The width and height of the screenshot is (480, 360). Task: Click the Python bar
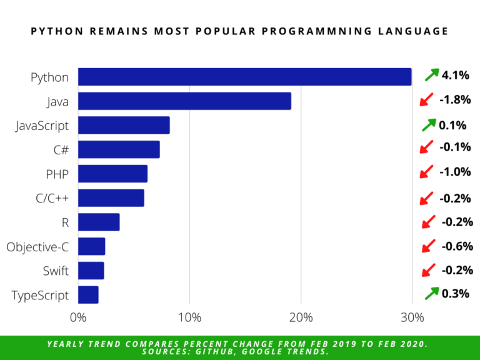coord(244,77)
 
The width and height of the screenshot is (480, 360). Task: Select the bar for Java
coord(184,101)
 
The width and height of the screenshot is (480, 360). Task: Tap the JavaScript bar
coord(124,125)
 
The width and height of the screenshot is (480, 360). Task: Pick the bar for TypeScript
coord(88,294)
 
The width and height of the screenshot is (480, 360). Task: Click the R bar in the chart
coord(99,222)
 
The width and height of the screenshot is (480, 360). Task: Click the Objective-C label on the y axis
coord(37,247)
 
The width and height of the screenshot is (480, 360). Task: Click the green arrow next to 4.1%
coord(431,75)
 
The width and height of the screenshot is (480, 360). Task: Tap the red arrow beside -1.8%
coord(426,99)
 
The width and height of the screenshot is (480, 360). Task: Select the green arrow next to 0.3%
coord(431,293)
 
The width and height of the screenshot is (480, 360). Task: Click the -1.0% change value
coord(454,172)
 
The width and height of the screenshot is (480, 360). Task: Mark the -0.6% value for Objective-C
coord(457,246)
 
